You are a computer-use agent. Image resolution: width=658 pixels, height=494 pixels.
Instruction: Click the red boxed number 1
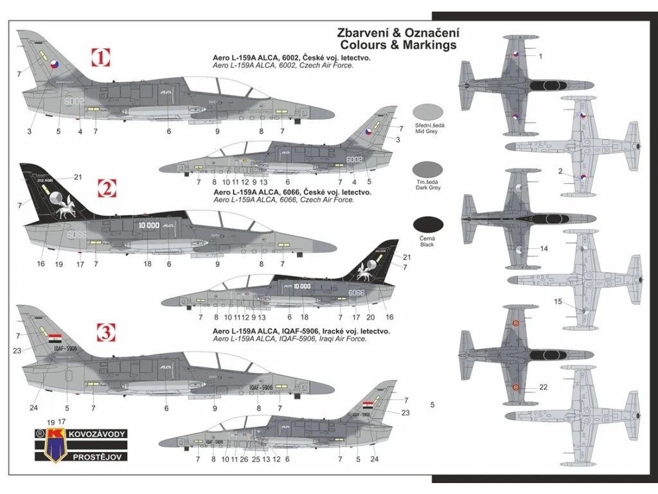tap(101, 59)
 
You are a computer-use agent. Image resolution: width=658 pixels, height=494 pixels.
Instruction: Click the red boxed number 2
tap(107, 188)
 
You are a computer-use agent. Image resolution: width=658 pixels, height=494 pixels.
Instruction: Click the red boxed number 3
tap(106, 333)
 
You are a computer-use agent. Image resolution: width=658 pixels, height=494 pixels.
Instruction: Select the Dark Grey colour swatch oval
tap(427, 169)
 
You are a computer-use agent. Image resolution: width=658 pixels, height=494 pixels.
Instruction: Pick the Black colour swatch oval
tap(427, 225)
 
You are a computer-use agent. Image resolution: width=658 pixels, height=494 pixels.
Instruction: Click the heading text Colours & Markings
tap(398, 45)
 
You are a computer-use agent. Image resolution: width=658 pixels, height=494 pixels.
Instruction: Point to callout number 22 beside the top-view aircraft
tap(544, 387)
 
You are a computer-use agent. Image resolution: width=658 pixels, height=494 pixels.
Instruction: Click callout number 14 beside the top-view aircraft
tap(544, 248)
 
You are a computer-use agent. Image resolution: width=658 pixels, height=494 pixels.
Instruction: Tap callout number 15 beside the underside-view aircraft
tap(558, 302)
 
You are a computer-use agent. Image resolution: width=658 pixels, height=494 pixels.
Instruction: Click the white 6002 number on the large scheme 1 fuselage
tap(75, 101)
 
